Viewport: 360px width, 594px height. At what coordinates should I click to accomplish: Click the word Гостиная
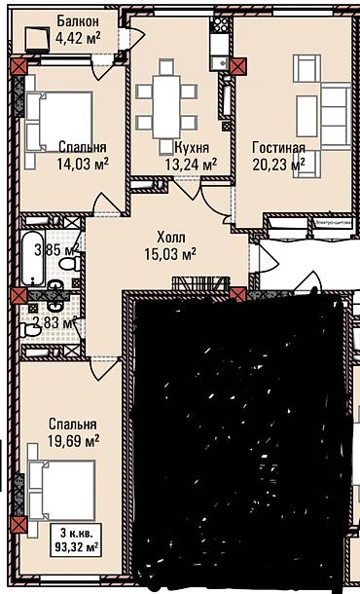pos(278,148)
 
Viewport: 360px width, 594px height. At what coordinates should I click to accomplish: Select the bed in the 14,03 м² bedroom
pos(57,116)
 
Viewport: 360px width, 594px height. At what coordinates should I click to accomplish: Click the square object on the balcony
pos(39,37)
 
